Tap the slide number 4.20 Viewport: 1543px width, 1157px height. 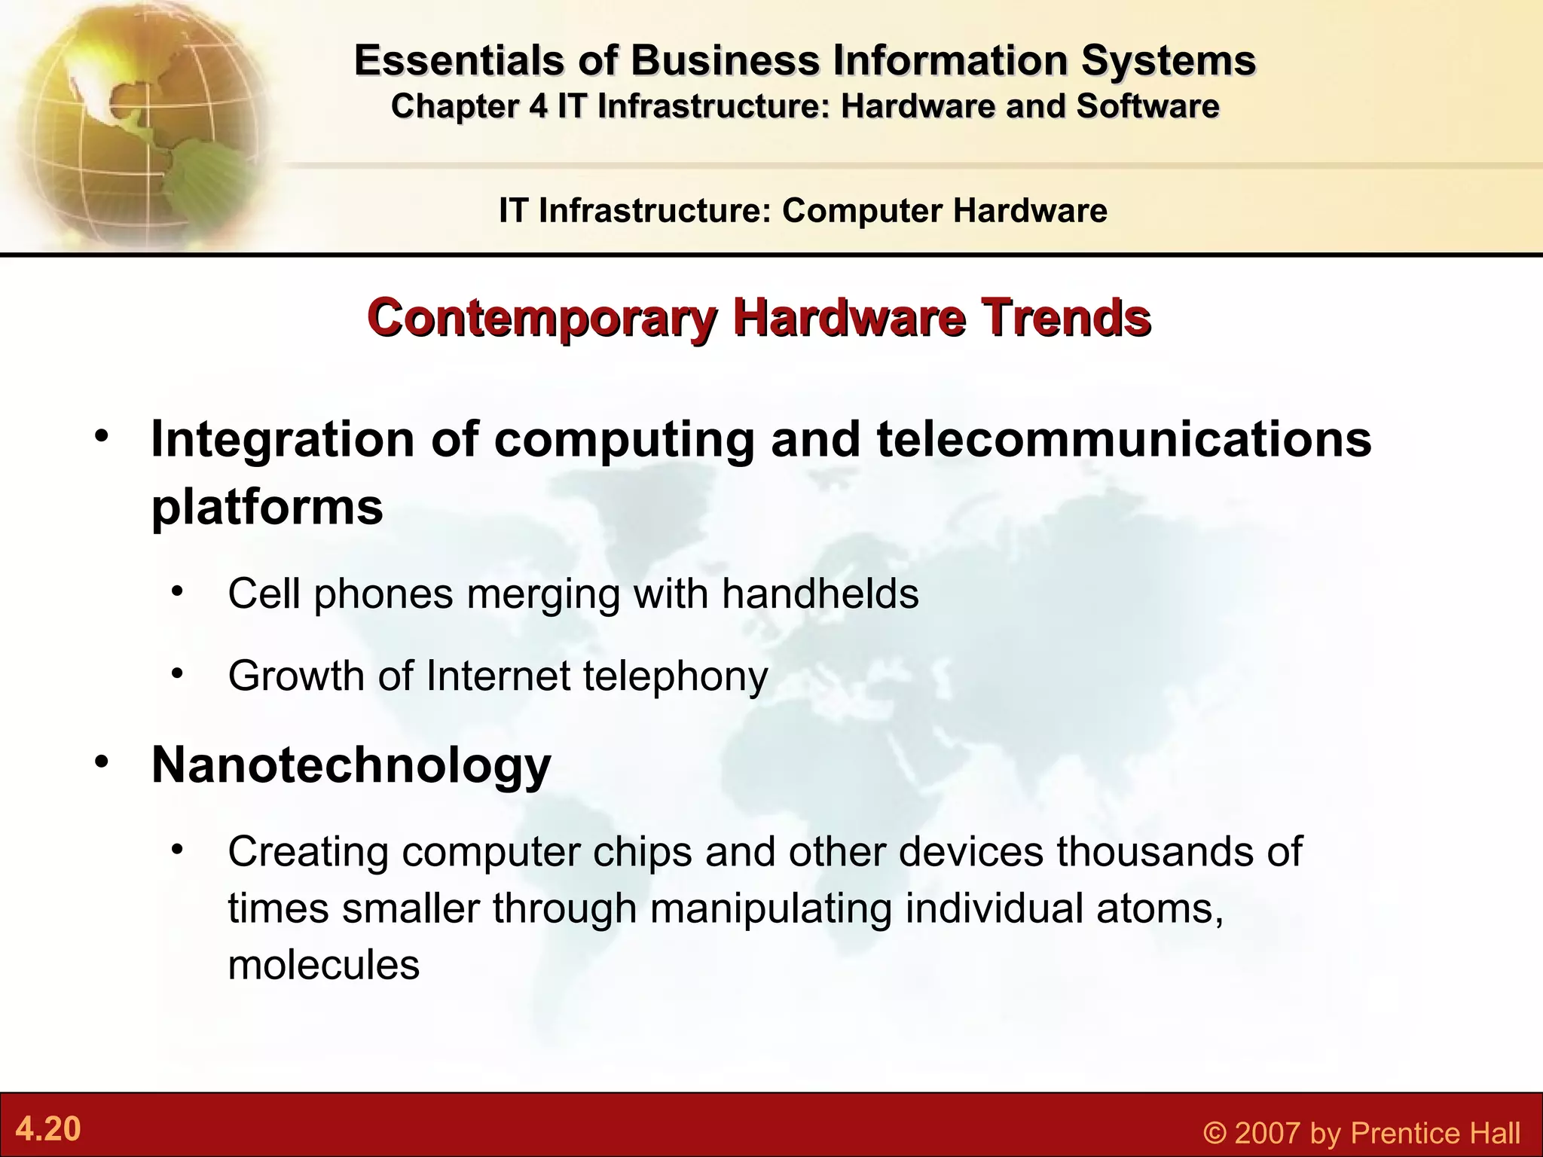(x=48, y=1129)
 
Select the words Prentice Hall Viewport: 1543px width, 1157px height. (x=1435, y=1133)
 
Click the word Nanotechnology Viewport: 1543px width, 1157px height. (x=351, y=765)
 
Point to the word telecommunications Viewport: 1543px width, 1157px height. (x=1123, y=439)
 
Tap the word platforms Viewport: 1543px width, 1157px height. (x=267, y=507)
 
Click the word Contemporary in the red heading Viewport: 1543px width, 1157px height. (x=541, y=318)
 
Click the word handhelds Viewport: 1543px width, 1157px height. (x=820, y=594)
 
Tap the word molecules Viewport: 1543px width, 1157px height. (x=323, y=965)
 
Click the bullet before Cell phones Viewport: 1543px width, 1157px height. (x=177, y=590)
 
